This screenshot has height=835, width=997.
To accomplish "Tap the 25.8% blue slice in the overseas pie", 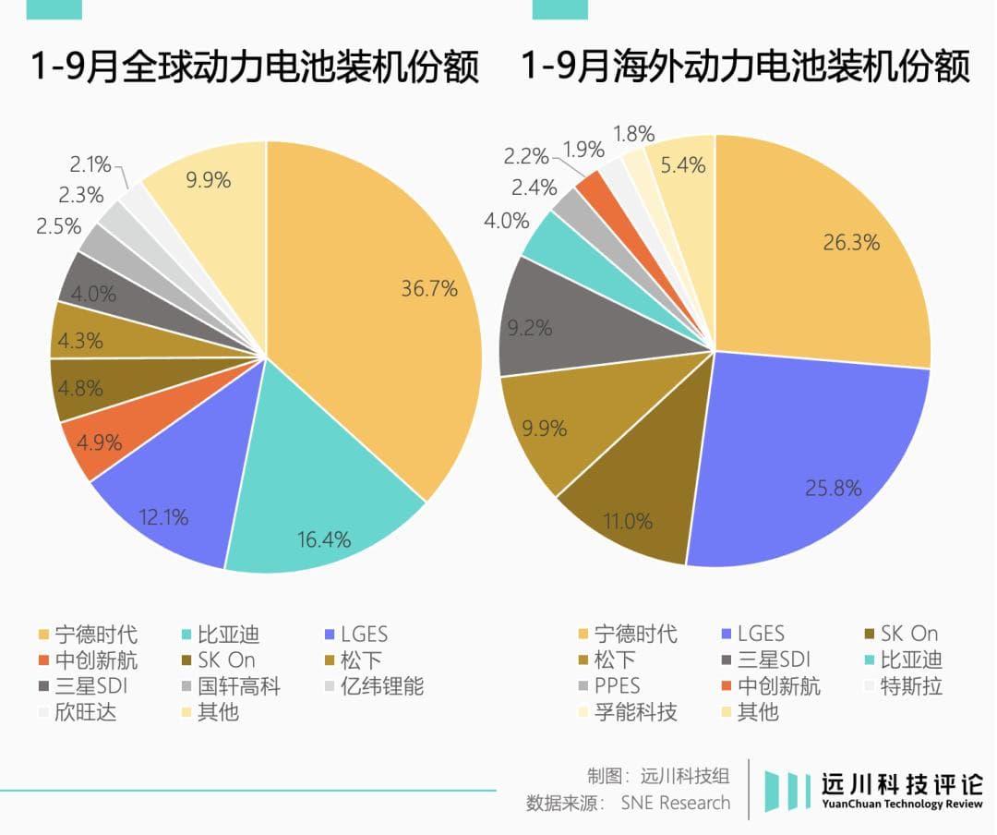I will tap(812, 462).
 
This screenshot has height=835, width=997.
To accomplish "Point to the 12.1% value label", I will tap(165, 517).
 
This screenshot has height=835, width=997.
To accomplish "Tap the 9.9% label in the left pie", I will tap(208, 180).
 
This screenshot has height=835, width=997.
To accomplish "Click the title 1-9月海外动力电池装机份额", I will tap(746, 67).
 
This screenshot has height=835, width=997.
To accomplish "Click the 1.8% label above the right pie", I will tap(634, 134).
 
